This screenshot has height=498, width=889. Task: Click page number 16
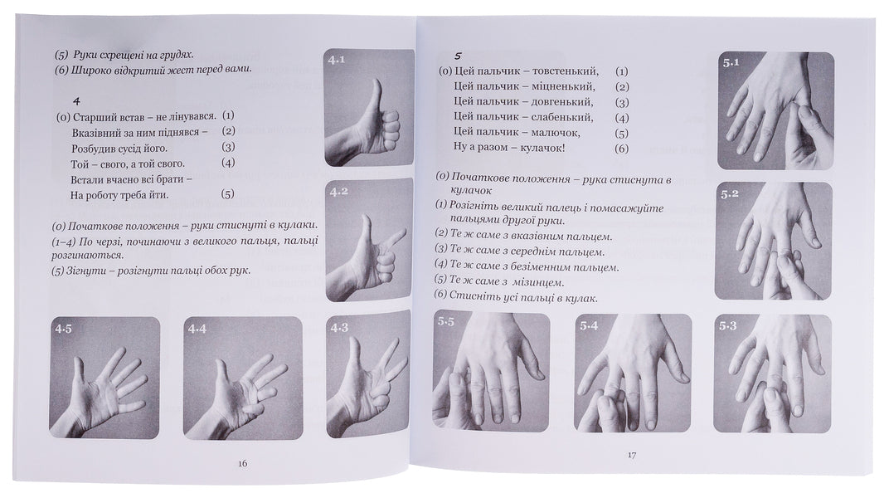[243, 462]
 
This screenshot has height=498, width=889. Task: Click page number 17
[631, 454]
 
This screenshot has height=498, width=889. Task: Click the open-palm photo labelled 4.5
[105, 378]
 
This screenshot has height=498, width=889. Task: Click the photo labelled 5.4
[633, 373]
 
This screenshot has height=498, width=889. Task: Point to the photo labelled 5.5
[492, 373]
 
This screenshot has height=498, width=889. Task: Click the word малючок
[556, 133]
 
